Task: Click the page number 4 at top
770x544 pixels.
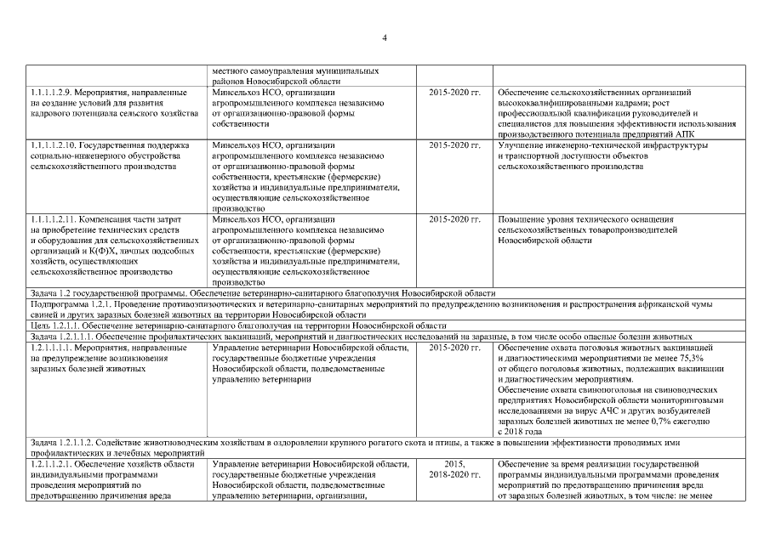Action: pos(385,37)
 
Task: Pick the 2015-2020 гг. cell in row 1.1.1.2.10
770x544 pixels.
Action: pos(455,145)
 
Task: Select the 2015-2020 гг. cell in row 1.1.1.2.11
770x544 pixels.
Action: pos(455,219)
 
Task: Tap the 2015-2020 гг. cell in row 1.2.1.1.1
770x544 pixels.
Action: pos(455,348)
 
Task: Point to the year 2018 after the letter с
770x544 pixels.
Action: pos(513,432)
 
